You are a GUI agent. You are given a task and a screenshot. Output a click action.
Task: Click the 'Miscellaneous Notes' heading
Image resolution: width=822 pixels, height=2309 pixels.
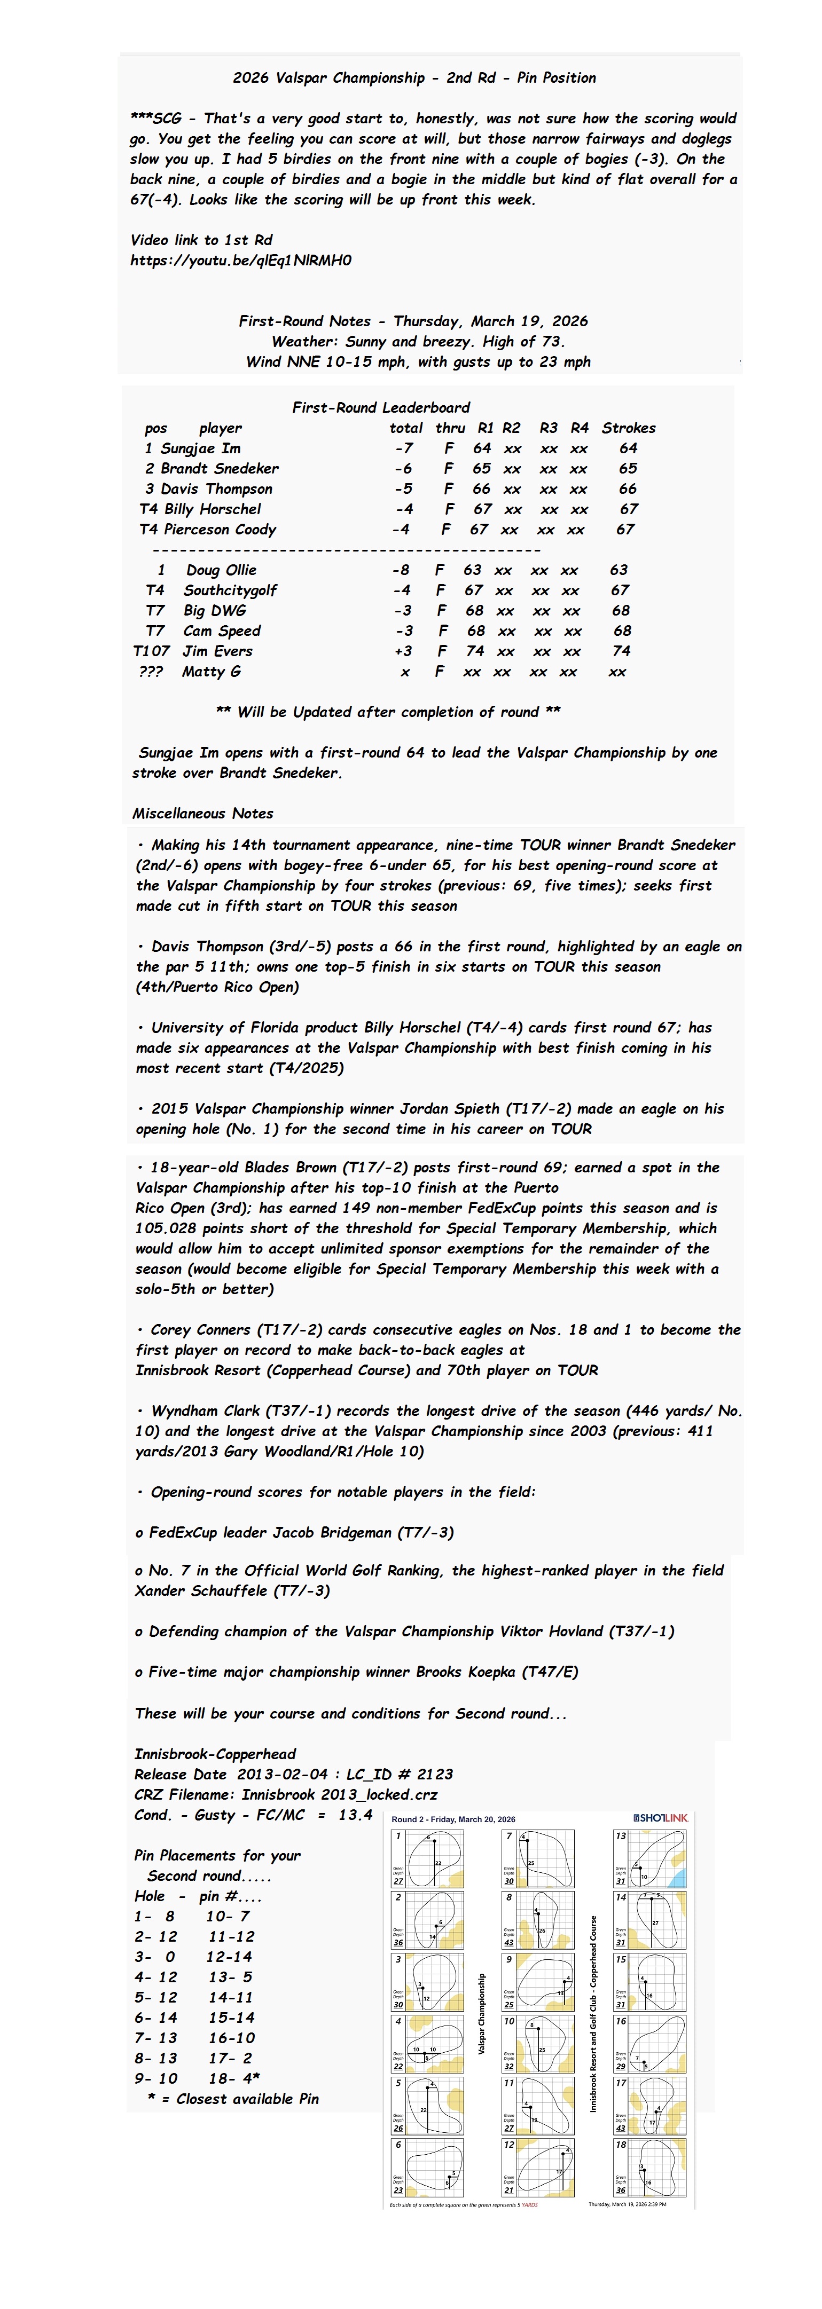(202, 814)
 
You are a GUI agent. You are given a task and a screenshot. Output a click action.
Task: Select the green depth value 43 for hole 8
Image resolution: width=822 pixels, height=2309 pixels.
(509, 1942)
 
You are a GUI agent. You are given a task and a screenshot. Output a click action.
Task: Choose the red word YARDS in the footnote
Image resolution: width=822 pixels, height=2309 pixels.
(529, 2204)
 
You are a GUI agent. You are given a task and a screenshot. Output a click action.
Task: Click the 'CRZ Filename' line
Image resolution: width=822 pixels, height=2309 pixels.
(286, 1794)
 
